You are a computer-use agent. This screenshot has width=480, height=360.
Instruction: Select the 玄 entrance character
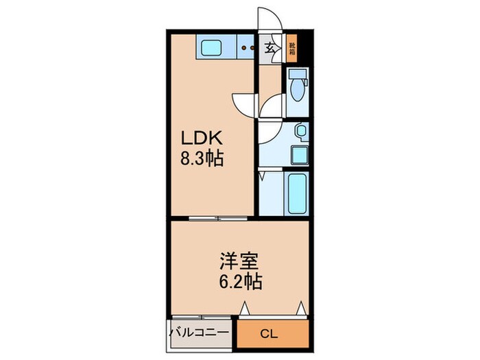click(271, 49)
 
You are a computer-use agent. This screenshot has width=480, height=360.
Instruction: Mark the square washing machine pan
click(299, 155)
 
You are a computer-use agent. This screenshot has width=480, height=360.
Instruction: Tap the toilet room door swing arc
click(273, 106)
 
